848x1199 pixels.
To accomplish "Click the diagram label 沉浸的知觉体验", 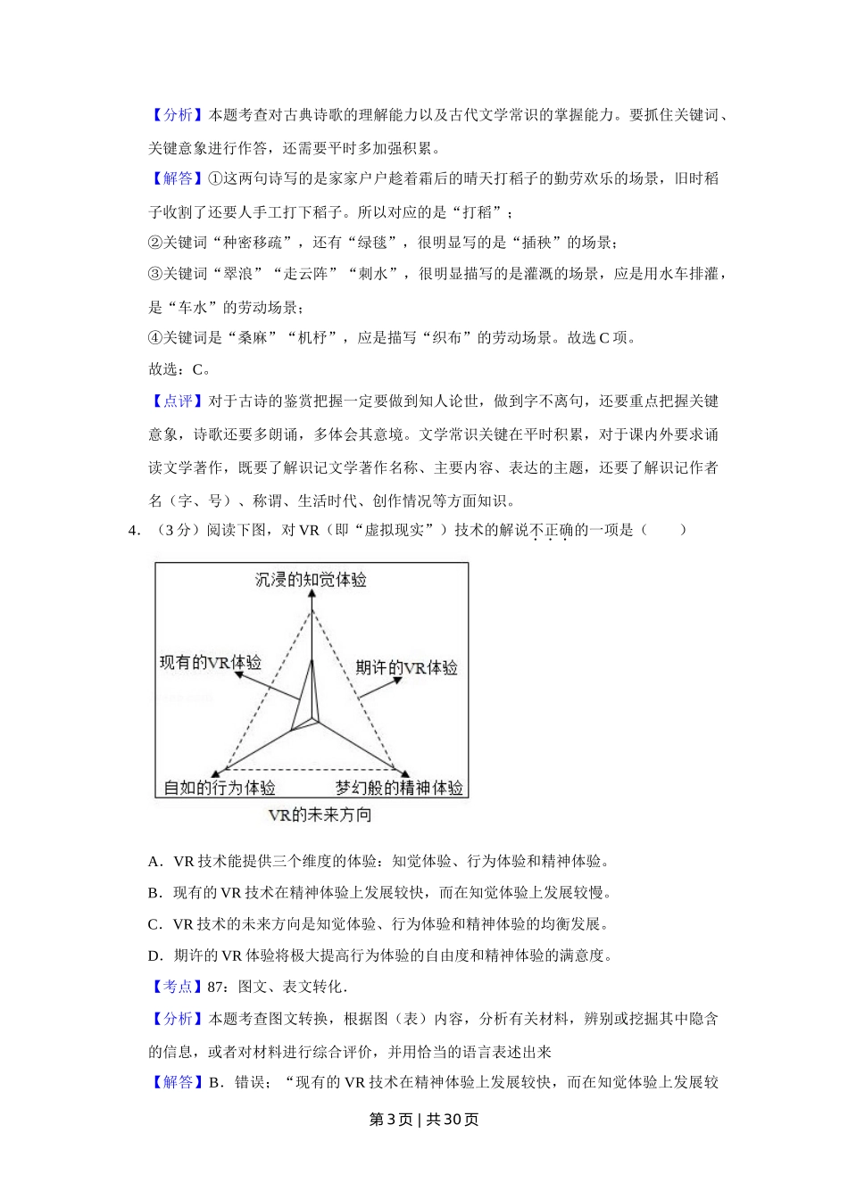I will coord(311,580).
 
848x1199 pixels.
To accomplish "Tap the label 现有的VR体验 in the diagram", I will coord(210,662).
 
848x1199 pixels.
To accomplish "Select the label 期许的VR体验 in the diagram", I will coord(406,667).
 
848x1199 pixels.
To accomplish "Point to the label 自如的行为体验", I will coord(220,788).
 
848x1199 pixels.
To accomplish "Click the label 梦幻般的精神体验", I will coord(399,788).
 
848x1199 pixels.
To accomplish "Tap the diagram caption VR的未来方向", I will coord(320,814).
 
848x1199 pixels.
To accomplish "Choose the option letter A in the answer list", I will coord(154,862).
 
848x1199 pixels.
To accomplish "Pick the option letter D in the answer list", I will coord(154,955).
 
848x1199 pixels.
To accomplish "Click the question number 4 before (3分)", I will coord(134,530).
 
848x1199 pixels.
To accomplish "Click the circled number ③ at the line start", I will coord(155,274).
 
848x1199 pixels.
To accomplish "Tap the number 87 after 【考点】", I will coord(214,987).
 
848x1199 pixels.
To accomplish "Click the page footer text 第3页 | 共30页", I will coord(424,1120).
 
